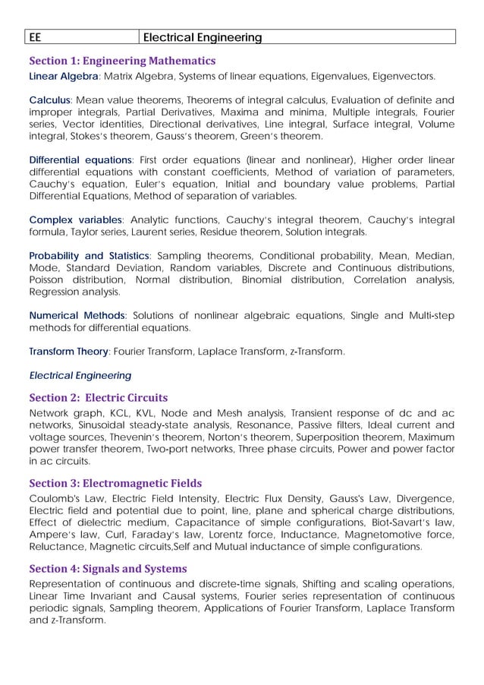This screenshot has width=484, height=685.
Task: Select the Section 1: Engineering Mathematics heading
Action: [x=122, y=61]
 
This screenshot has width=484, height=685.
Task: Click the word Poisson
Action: [x=49, y=280]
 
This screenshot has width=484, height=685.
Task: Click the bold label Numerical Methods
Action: [x=77, y=316]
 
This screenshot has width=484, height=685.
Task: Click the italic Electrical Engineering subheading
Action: [x=80, y=375]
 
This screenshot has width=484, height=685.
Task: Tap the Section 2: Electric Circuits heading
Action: [x=98, y=397]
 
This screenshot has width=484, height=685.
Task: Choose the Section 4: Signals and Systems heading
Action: [x=108, y=568]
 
